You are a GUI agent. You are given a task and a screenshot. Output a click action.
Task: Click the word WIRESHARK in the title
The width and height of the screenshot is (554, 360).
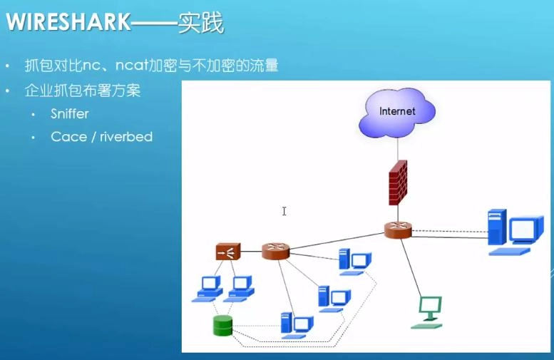pos(68,23)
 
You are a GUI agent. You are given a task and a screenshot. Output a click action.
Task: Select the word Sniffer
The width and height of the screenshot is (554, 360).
pos(70,114)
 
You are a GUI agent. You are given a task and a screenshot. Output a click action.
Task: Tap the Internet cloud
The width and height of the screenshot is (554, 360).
pos(396,112)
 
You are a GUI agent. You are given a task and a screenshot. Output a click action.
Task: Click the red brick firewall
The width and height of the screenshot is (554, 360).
pos(398,183)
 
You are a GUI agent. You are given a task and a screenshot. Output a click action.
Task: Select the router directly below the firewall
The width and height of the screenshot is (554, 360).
pos(398,230)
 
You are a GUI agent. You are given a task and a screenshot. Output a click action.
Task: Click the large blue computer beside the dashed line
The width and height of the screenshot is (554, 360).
pos(511,231)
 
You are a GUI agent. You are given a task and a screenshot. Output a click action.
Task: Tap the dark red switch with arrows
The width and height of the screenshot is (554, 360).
pos(228,251)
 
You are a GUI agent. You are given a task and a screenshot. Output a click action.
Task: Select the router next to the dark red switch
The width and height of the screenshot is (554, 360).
pos(275,251)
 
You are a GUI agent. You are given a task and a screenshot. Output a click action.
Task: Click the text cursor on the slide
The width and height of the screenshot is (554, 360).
pos(284,211)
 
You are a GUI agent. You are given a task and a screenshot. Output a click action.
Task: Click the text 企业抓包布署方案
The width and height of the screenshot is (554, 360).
pos(83,91)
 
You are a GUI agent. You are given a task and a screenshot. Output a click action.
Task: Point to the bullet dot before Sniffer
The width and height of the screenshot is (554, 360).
pos(34,114)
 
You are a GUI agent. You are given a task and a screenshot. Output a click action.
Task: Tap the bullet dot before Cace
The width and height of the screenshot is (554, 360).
pos(34,137)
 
